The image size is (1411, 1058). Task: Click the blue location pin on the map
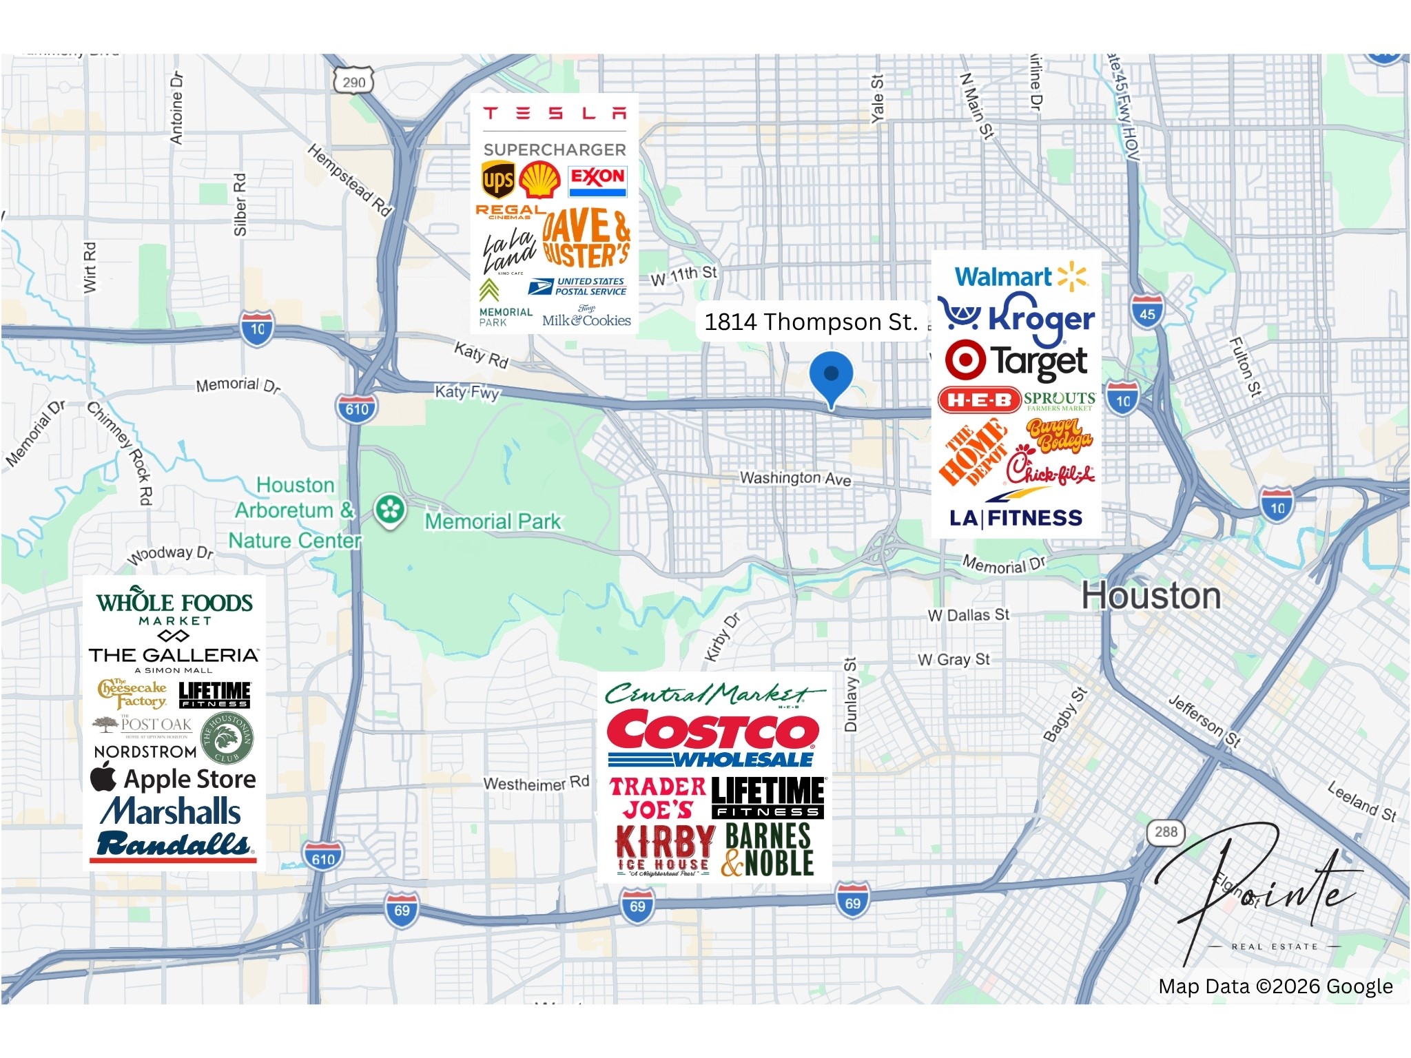click(x=831, y=375)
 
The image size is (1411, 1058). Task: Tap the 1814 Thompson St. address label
click(x=811, y=322)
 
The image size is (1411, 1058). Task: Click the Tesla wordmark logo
click(x=555, y=113)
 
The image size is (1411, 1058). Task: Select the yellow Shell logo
click(x=539, y=180)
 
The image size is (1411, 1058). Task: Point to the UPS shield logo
click(x=498, y=180)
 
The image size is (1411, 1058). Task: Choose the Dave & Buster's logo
click(x=586, y=238)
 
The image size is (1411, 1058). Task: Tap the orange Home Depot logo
click(x=972, y=450)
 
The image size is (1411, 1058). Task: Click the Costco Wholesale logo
click(x=712, y=739)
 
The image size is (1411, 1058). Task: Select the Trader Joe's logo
click(x=657, y=798)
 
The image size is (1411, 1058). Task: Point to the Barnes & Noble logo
click(x=768, y=851)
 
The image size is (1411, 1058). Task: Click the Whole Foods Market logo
click(x=174, y=605)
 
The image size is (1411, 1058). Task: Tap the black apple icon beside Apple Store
click(x=104, y=776)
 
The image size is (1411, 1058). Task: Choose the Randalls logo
click(x=174, y=845)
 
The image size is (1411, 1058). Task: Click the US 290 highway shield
click(x=353, y=82)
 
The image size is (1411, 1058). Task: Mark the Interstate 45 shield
click(x=1147, y=312)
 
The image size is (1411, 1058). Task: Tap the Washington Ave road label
click(x=795, y=478)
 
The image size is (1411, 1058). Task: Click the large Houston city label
click(x=1151, y=596)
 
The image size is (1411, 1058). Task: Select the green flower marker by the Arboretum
click(x=390, y=510)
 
